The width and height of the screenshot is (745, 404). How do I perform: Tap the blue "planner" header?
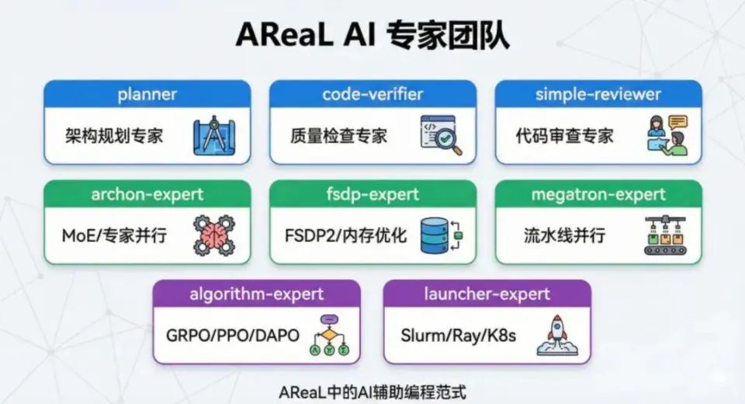coord(147,95)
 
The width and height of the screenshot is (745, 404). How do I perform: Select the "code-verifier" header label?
coord(372,95)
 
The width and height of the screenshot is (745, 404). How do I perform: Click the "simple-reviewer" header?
coord(598,95)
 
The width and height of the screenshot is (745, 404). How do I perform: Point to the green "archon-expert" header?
coord(147,194)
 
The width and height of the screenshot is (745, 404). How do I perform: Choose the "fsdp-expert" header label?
coord(372,194)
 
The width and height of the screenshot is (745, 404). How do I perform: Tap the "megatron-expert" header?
coord(598,194)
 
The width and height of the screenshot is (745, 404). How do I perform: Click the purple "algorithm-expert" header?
coord(257,294)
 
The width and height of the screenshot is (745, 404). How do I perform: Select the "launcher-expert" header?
coord(487,294)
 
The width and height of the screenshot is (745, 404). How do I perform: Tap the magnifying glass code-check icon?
coord(439,134)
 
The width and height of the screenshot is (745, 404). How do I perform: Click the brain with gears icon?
coord(213,235)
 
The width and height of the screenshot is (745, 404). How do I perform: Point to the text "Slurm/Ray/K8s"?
coord(459,336)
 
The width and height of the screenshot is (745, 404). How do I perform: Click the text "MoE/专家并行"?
coord(114,235)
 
